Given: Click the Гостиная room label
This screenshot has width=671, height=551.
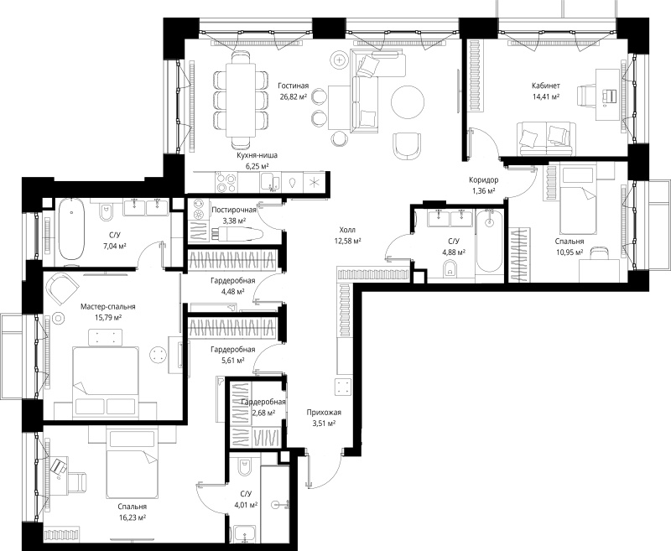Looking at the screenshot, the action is [x=293, y=86].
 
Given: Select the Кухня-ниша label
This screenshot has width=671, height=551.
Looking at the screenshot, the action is [x=257, y=155].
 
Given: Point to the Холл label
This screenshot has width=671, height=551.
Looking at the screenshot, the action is [x=347, y=230].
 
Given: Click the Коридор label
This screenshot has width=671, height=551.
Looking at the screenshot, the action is [x=484, y=180].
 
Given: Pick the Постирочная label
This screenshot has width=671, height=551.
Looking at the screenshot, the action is [x=234, y=210].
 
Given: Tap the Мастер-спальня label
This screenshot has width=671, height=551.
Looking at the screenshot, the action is [x=108, y=307].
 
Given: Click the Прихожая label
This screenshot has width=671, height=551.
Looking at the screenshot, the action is [x=324, y=413].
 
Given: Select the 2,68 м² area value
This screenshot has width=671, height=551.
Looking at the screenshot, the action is [x=263, y=413].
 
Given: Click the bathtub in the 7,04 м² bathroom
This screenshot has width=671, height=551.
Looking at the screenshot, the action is [x=71, y=229].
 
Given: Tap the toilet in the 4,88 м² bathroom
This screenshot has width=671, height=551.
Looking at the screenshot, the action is [x=450, y=269].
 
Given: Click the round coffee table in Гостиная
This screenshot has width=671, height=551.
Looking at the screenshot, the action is [x=408, y=102].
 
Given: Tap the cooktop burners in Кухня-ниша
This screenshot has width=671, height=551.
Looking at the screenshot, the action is [x=226, y=183].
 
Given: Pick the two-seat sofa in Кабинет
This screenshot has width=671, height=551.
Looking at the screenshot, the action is [x=544, y=138].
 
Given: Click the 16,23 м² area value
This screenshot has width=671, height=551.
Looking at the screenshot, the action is [x=133, y=517].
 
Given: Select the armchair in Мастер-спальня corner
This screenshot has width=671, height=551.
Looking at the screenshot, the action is [x=63, y=288].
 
